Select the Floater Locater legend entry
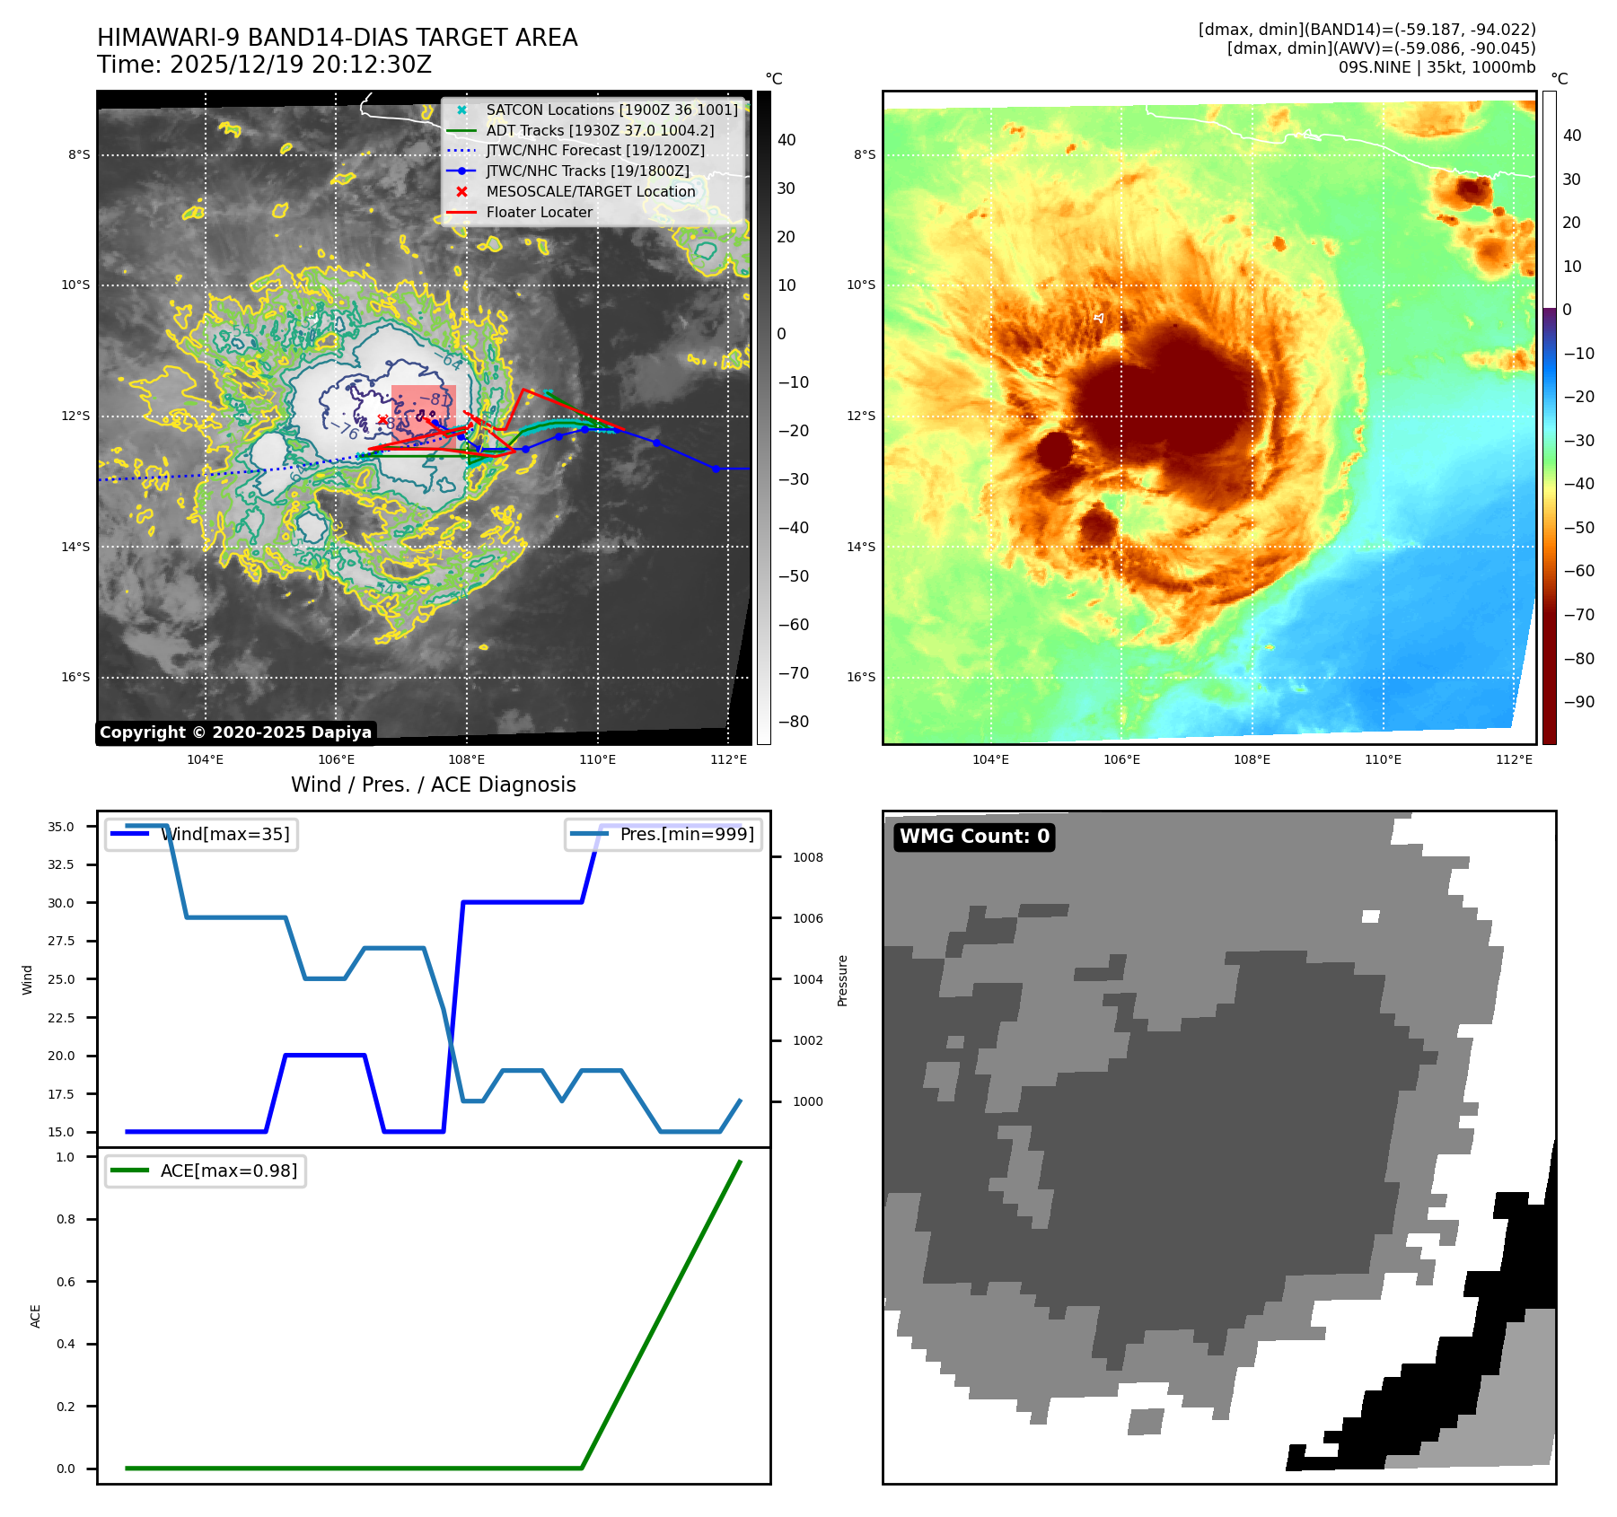pos(539,213)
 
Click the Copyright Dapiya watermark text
pos(235,732)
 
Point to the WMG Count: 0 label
pos(974,837)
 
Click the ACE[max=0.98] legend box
pos(206,1171)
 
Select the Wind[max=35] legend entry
pos(202,834)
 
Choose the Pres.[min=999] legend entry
pos(664,834)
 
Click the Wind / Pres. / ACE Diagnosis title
pos(433,785)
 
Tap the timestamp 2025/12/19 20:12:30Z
pos(300,66)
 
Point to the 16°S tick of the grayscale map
pos(76,677)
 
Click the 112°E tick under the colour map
pos(1514,759)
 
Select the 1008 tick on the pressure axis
pos(807,857)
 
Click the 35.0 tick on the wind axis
pos(61,827)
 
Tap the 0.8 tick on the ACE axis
pos(66,1219)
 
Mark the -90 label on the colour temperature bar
pos(1578,702)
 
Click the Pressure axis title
pos(842,980)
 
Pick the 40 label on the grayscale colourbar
pos(787,140)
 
